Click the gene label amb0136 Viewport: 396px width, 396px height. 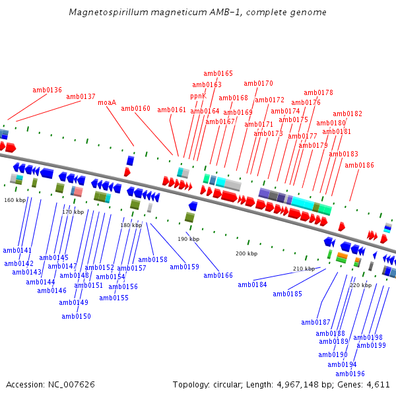tap(47, 90)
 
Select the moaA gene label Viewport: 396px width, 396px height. tap(107, 102)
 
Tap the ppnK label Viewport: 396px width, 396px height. tap(198, 96)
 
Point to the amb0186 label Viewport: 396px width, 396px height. tap(359, 165)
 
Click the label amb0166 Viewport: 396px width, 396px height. tap(218, 275)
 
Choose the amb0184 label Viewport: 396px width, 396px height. tap(252, 284)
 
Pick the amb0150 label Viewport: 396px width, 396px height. tap(76, 316)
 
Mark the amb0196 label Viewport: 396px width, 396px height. tap(350, 374)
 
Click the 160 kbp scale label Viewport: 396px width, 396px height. tap(15, 199)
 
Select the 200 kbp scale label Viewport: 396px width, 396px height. tap(246, 253)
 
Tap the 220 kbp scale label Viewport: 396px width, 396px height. tap(360, 285)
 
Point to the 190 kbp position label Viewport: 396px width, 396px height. tap(188, 239)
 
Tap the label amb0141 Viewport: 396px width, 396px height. tap(17, 250)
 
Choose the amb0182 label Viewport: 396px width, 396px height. tap(347, 114)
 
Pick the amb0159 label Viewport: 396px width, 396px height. tap(184, 267)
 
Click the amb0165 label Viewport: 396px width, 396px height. tap(218, 73)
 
